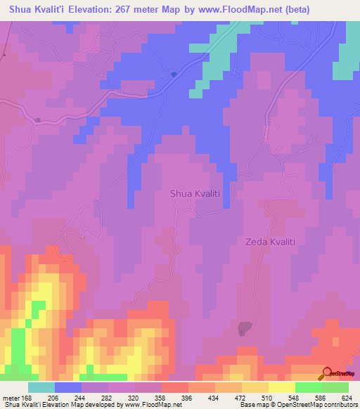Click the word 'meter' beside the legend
(x=11, y=397)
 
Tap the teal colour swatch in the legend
(x=41, y=387)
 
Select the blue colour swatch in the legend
(x=68, y=387)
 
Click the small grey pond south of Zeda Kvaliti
(x=245, y=327)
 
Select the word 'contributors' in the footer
(x=338, y=405)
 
